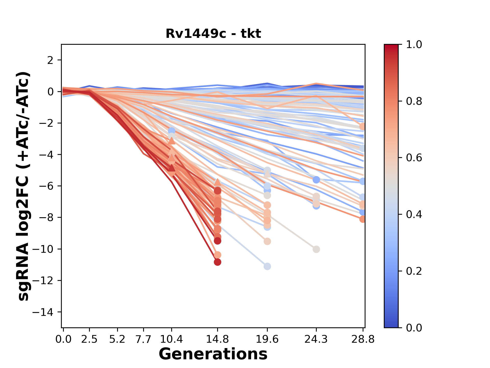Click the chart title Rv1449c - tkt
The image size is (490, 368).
point(213,33)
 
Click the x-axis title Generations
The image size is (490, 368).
point(213,354)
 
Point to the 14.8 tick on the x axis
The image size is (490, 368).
point(217,339)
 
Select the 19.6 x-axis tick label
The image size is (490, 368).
point(267,339)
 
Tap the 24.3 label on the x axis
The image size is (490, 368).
point(316,339)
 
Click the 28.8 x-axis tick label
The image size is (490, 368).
point(363,339)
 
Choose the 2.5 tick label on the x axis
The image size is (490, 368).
point(89,339)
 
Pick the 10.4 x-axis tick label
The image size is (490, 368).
point(171,339)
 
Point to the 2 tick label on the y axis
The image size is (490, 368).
point(51,60)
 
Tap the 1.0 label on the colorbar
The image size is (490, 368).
point(414,44)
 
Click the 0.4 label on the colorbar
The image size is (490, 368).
point(414,214)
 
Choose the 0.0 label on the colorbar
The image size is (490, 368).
point(414,328)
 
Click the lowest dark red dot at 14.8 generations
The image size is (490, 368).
point(217,262)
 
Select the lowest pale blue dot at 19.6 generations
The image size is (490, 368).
point(267,266)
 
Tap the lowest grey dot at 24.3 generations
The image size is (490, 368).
point(316,249)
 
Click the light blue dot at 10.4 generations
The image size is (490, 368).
point(171,131)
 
